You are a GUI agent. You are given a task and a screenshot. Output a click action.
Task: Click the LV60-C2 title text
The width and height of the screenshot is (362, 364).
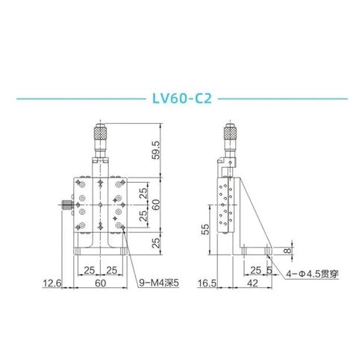pos(181,98)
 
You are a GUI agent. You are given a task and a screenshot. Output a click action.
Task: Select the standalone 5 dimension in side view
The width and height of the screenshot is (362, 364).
pos(269,269)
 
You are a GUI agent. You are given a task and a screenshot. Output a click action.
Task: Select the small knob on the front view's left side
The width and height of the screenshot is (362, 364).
pos(67,204)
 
